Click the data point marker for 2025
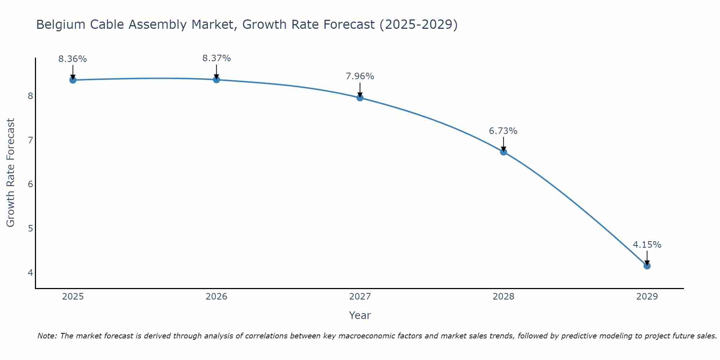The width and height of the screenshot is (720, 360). pos(73,80)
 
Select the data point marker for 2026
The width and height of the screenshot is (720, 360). pos(216,80)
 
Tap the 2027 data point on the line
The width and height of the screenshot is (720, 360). pos(360,98)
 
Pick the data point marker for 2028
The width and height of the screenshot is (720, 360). pos(504,152)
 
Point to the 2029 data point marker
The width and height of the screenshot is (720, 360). pos(647,266)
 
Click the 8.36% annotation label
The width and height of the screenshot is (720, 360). pos(73,59)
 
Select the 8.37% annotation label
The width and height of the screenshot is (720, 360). pos(216,58)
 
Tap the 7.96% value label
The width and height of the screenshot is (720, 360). pos(360,76)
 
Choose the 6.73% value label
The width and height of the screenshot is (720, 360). pos(503,131)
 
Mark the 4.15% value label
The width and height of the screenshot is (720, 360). pos(647,245)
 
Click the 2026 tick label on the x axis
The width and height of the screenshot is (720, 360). pos(216,297)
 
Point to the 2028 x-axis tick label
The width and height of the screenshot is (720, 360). pos(504,297)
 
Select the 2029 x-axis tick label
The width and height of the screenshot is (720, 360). pos(647,297)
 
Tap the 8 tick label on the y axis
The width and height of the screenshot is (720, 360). pos(30,96)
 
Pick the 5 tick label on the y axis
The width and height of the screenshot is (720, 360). pos(30,229)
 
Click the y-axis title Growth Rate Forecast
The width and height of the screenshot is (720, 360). pos(11,173)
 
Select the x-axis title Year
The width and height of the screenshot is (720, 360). pos(360,316)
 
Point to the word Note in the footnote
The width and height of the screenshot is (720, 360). pos(47,336)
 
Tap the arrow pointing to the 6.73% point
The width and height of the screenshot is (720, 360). pos(504,144)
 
